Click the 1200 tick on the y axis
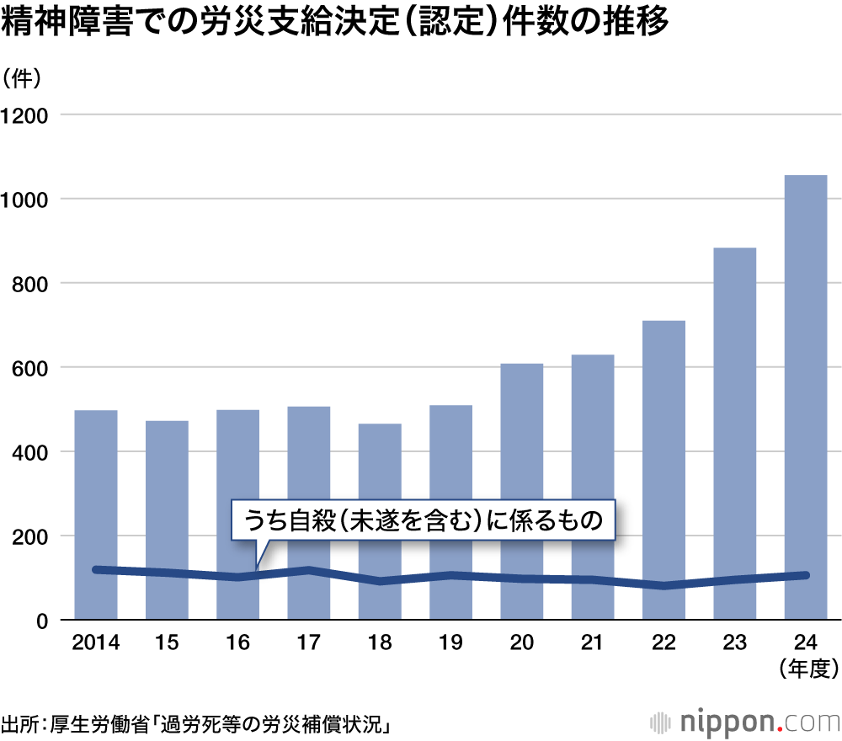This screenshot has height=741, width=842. (x=29, y=115)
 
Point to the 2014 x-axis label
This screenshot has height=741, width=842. (x=96, y=643)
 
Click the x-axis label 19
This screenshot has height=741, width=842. (x=450, y=643)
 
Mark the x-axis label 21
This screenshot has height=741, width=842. (x=593, y=643)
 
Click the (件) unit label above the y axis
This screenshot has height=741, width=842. (x=28, y=78)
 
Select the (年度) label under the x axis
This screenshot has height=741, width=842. (x=806, y=669)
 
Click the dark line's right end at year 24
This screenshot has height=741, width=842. (x=805, y=575)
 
